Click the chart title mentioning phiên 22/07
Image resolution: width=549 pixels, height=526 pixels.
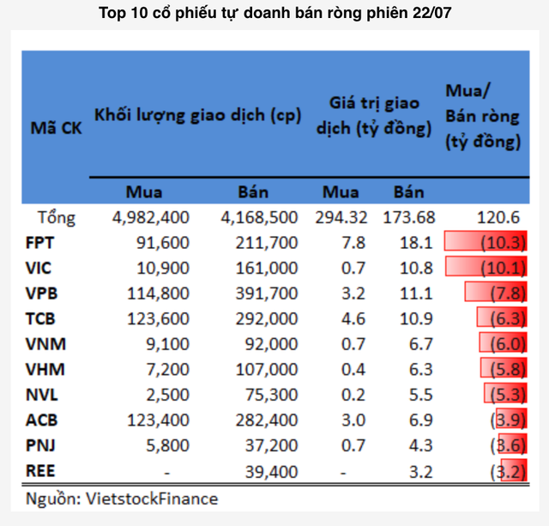pyautogui.click(x=274, y=13)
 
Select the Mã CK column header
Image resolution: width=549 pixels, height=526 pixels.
pyautogui.click(x=56, y=130)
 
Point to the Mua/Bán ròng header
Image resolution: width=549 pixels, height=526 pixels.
pyautogui.click(x=483, y=117)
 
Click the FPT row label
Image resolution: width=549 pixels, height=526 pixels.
pyautogui.click(x=40, y=243)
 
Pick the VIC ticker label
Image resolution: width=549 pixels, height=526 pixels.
pyautogui.click(x=39, y=268)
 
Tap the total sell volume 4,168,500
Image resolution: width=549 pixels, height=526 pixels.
pyautogui.click(x=258, y=217)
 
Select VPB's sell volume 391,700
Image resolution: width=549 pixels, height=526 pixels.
pyautogui.click(x=264, y=293)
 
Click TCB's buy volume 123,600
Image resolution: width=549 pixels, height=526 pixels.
pyautogui.click(x=156, y=319)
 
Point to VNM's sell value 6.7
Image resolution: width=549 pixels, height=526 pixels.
pyautogui.click(x=411, y=344)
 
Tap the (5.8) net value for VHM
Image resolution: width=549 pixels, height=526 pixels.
pyautogui.click(x=503, y=370)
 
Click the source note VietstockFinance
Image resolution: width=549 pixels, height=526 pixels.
pyautogui.click(x=122, y=499)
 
